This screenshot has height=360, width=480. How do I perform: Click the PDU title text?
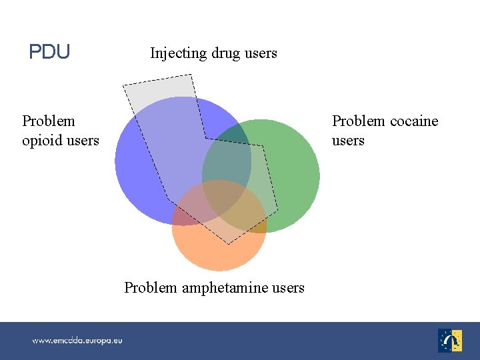[x=49, y=52]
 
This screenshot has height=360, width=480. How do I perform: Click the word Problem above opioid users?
[x=49, y=121]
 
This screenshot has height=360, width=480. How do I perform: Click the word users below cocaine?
[x=348, y=141]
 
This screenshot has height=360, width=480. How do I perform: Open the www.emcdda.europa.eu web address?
[x=77, y=341]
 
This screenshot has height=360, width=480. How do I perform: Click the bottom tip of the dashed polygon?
[x=229, y=244]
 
